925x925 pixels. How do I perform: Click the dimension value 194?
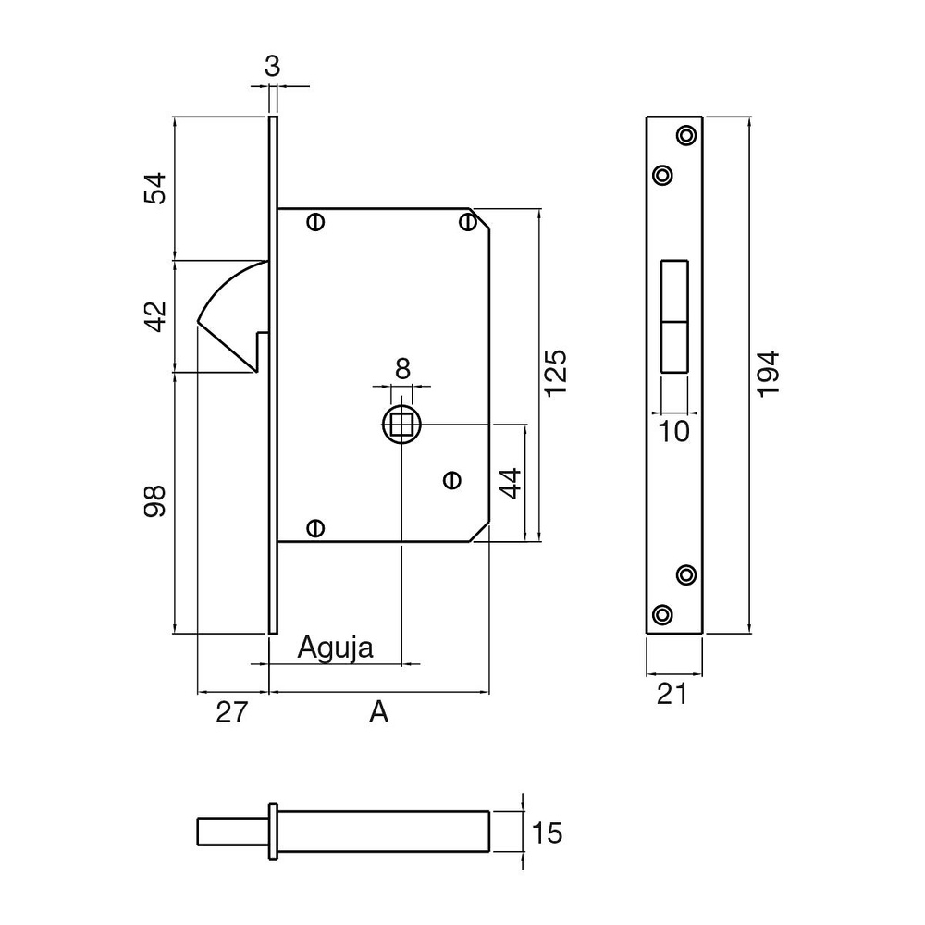769,374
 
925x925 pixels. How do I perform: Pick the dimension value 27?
232,713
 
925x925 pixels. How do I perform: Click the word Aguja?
335,647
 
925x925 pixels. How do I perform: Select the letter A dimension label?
378,713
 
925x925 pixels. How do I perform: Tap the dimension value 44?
511,484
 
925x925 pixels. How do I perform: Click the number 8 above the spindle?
402,368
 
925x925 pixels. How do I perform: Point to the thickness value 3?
272,66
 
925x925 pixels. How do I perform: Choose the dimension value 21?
672,694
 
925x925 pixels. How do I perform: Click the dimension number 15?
548,833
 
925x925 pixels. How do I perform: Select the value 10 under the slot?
675,431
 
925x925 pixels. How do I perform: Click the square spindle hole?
402,425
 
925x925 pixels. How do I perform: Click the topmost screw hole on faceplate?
686,135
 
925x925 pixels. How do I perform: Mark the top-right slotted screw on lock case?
467,222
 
